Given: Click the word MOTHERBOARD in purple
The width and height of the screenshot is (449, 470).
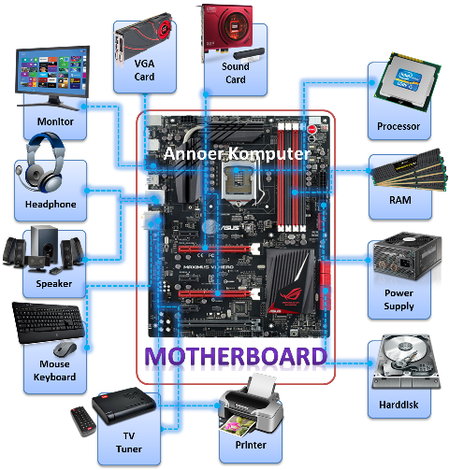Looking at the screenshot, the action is click(x=236, y=356).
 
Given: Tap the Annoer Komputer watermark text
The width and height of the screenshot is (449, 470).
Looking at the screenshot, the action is click(x=238, y=153).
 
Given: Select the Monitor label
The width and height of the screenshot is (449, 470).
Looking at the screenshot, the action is click(x=55, y=121).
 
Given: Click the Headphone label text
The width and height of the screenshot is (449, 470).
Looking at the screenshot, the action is click(x=51, y=204).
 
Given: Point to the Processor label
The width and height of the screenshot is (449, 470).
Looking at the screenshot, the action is click(x=398, y=126).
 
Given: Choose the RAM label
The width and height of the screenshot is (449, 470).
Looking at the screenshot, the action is click(x=400, y=200).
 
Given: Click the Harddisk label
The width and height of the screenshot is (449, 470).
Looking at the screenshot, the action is click(x=398, y=405).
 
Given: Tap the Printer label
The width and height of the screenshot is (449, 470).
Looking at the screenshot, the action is click(x=251, y=445).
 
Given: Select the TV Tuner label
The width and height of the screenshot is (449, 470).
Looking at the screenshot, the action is click(x=129, y=442).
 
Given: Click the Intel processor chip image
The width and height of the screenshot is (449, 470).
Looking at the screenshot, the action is click(x=408, y=81).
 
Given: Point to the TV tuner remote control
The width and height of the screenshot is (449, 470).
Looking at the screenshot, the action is click(x=83, y=421).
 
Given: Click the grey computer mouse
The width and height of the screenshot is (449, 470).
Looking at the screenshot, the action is click(x=65, y=349).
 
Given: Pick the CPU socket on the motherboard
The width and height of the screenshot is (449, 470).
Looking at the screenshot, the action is click(x=239, y=181).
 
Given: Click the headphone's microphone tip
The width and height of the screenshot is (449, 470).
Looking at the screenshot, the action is click(x=19, y=170).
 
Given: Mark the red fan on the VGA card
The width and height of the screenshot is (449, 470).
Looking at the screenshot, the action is click(x=165, y=30).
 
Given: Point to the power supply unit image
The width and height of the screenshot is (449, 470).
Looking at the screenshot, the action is click(x=407, y=257).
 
